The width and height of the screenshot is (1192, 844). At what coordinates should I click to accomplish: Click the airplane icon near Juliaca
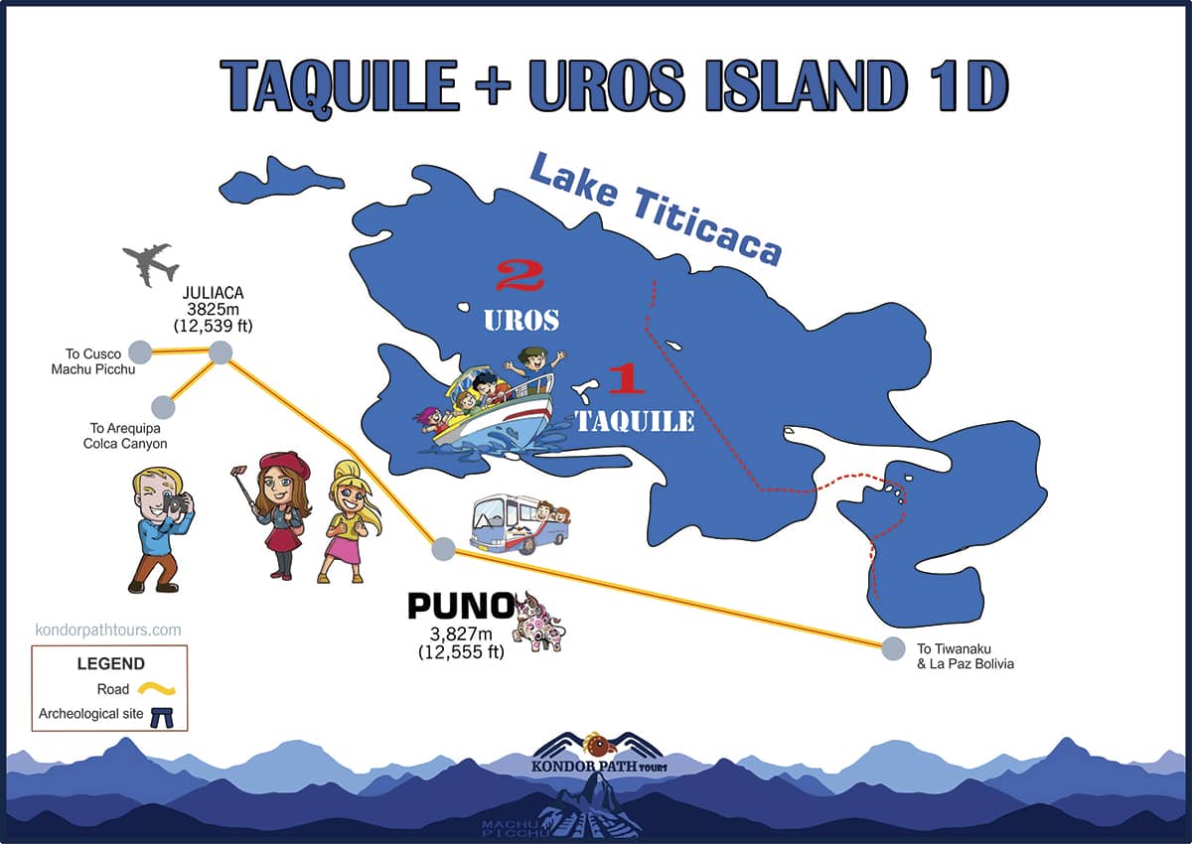click(151, 264)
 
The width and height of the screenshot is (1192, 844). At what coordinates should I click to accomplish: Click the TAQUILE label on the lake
click(635, 421)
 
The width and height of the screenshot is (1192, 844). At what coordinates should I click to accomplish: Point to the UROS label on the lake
click(521, 320)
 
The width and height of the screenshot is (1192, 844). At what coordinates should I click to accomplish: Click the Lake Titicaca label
click(655, 210)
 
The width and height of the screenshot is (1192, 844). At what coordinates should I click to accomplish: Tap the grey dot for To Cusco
click(140, 352)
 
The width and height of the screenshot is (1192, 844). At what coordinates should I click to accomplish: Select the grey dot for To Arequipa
click(164, 407)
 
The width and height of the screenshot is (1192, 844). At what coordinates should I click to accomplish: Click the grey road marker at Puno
click(444, 548)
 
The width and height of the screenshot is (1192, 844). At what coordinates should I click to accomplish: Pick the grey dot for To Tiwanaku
click(894, 648)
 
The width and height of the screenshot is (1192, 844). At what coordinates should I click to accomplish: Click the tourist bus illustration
click(518, 522)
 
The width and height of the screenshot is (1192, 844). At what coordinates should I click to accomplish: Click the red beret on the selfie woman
click(284, 462)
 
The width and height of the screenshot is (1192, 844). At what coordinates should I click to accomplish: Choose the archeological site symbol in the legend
click(163, 715)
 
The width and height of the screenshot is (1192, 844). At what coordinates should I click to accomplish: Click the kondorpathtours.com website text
click(108, 630)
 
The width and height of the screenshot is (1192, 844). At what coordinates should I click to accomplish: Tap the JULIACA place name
click(213, 293)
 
